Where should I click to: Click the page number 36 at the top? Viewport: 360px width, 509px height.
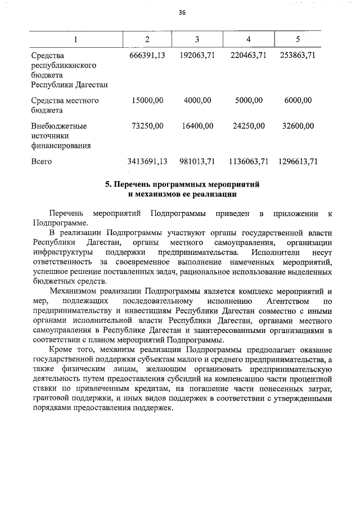tap(182, 12)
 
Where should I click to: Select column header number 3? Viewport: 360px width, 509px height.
tap(197, 39)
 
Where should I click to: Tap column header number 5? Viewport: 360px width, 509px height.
tap(298, 39)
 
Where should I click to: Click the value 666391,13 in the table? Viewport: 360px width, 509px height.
tap(147, 56)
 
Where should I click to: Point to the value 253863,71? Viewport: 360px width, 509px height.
tap(298, 56)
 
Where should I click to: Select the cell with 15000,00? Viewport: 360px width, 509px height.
tap(147, 101)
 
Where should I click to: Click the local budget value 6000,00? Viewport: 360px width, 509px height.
tap(298, 101)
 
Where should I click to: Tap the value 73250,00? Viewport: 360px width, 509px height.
tap(147, 125)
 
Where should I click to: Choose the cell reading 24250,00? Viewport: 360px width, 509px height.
tap(248, 125)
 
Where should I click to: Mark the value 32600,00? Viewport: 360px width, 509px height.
tap(298, 125)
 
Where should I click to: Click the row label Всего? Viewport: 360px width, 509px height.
tap(42, 161)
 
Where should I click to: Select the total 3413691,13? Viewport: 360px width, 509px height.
tap(147, 161)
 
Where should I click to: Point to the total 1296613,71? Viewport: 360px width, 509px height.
tap(298, 161)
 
